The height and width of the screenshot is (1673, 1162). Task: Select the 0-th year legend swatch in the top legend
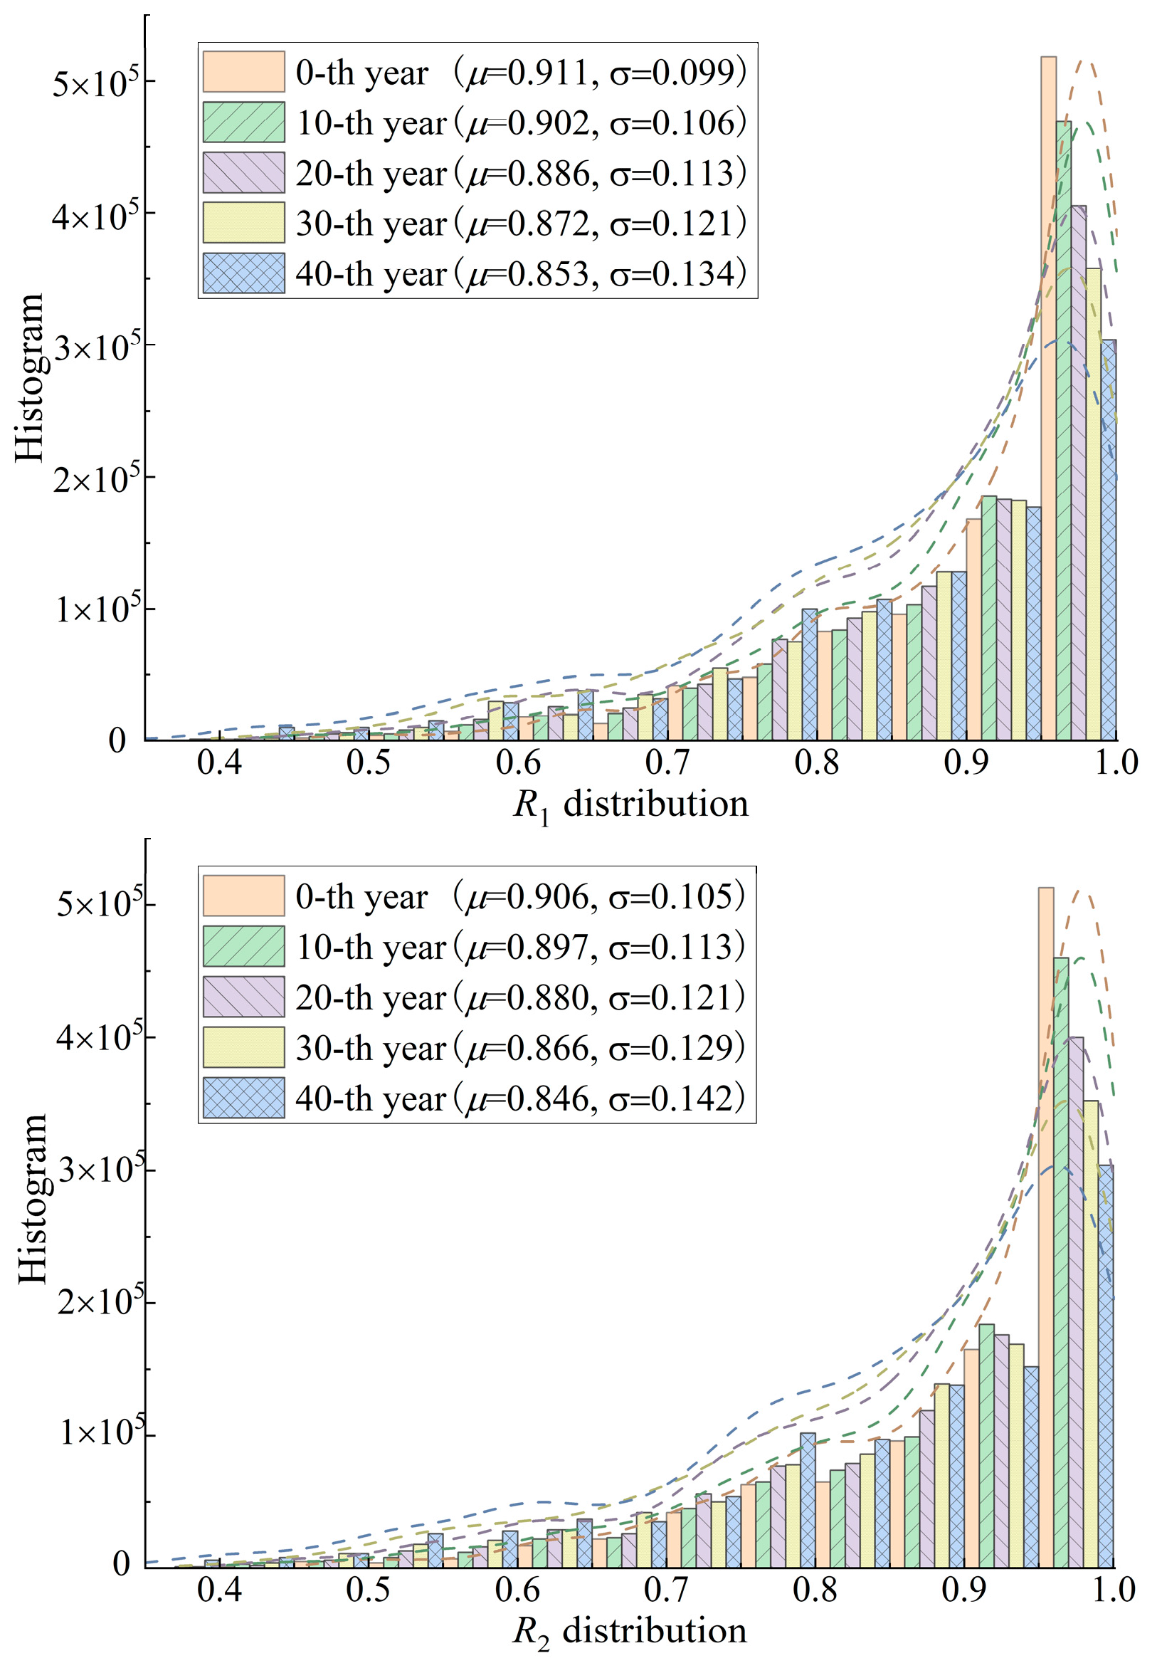[x=243, y=71]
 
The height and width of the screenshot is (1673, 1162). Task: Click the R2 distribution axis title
[x=630, y=1632]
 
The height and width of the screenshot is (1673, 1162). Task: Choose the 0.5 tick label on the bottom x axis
[x=368, y=1590]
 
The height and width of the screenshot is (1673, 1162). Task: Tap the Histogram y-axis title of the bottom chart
[x=33, y=1200]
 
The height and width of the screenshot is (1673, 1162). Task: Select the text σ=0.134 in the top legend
[x=677, y=274]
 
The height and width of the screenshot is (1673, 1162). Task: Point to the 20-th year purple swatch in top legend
[x=243, y=172]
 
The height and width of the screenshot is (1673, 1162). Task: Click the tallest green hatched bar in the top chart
[x=1064, y=430]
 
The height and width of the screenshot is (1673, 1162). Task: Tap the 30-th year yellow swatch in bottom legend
[x=243, y=1047]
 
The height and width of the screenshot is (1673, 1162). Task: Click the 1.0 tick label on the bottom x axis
[x=1114, y=1590]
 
